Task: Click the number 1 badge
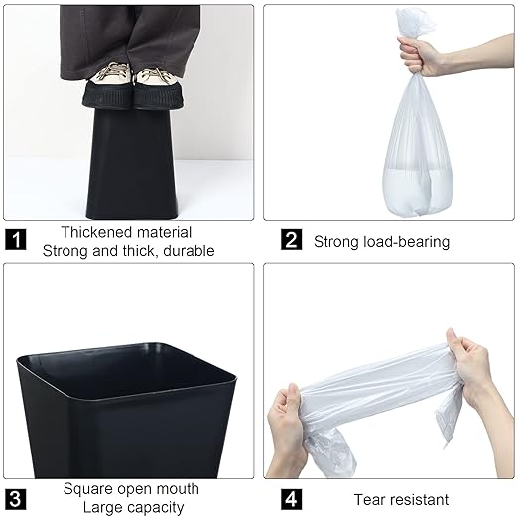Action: pyautogui.click(x=16, y=241)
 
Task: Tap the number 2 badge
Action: pyautogui.click(x=292, y=241)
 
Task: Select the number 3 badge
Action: pyautogui.click(x=16, y=498)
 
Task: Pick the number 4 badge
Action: pyautogui.click(x=292, y=498)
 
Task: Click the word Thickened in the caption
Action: pyautogui.click(x=98, y=232)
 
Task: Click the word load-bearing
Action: pyautogui.click(x=407, y=241)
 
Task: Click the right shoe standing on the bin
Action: pyautogui.click(x=151, y=76)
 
